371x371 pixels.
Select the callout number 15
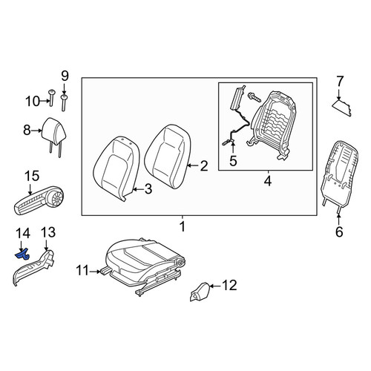32,176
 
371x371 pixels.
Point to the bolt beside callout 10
51,98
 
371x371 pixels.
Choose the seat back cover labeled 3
116,168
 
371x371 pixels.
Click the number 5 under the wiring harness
233,161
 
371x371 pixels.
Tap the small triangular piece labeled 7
341,108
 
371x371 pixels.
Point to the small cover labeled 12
200,292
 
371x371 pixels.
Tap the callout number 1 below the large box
183,226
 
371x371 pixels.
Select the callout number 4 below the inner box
268,181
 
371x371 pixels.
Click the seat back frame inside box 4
273,124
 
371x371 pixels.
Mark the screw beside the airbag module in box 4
254,97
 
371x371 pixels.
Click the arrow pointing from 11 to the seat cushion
94,272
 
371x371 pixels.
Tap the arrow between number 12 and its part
215,286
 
